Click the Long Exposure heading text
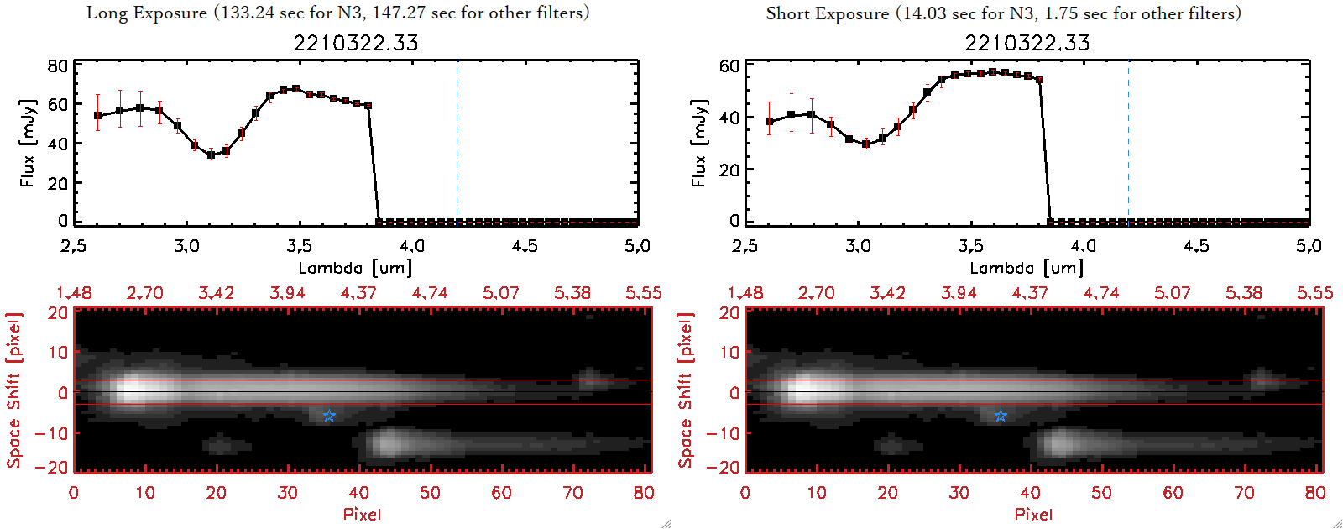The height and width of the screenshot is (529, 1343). point(337,13)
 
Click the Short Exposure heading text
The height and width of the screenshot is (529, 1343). point(1003,13)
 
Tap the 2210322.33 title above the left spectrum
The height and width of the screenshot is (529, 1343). point(356,43)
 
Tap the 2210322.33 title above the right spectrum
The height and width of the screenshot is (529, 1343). point(1027,43)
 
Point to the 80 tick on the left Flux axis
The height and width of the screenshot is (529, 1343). point(58,66)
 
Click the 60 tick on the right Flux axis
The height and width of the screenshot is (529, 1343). point(729,66)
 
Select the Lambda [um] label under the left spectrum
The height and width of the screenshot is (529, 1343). point(356,268)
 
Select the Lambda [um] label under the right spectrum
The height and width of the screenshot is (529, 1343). point(1027,268)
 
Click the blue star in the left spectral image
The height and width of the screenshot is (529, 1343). point(329,416)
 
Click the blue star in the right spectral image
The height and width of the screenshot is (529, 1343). point(1001,416)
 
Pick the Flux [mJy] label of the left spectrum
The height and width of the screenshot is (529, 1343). point(28,143)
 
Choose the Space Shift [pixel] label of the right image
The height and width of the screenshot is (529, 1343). point(686,390)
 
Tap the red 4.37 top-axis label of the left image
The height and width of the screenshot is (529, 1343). point(358,293)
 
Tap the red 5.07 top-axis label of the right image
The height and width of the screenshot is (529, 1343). point(1173,293)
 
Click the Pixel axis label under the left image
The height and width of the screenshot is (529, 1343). point(362,514)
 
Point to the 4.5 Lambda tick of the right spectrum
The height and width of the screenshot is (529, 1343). point(1196,246)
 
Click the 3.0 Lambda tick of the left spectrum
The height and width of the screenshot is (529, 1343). point(186,246)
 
